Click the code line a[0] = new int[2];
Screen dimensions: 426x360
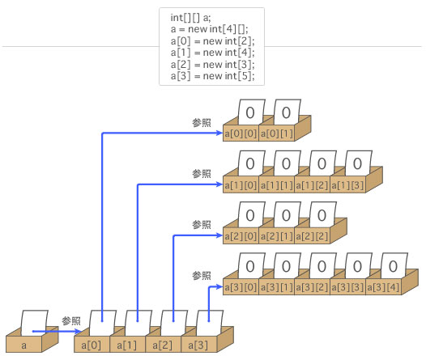[x=213, y=41]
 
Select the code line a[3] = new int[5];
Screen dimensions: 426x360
[x=213, y=76]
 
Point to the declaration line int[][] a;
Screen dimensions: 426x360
[x=190, y=18]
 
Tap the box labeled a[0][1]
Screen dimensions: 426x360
[x=276, y=133]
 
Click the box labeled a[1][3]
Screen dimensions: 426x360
[x=347, y=185]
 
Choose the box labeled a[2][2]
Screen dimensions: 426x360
[x=312, y=236]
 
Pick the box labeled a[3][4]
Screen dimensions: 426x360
[x=383, y=287]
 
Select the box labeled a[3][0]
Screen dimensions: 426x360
[x=241, y=287]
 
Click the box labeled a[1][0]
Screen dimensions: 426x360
[x=241, y=185]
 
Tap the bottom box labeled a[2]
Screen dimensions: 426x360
[x=163, y=345]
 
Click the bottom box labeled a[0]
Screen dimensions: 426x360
[x=92, y=345]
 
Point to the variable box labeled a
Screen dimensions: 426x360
[x=24, y=345]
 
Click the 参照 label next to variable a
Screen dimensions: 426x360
[x=71, y=321]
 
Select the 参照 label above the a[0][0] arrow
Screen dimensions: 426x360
[x=202, y=123]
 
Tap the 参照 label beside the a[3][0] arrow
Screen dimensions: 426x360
[x=202, y=276]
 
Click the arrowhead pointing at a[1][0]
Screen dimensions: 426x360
[x=219, y=184]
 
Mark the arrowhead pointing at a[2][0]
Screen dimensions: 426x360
[x=219, y=235]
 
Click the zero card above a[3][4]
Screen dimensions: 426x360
[x=394, y=266]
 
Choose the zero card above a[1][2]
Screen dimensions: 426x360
[x=322, y=164]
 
